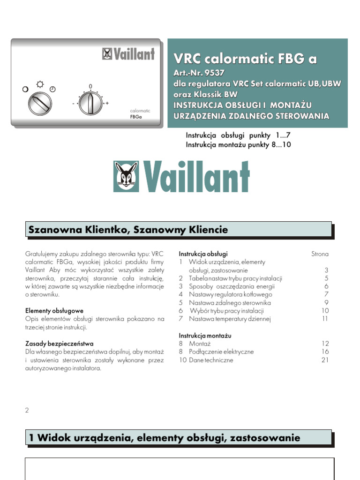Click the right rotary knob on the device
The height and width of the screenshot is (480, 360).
pos(90,103)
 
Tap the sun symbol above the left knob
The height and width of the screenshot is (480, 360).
pos(40,85)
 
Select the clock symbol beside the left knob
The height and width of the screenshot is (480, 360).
pos(52,89)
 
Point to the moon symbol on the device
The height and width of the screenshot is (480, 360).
pos(25,89)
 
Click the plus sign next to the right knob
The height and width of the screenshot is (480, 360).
pos(107,103)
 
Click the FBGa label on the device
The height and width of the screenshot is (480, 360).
pos(136,118)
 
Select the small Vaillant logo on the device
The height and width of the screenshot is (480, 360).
pos(128,54)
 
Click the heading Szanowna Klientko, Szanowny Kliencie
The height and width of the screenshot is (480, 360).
pos(128,230)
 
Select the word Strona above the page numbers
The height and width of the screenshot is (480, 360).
pos(320,254)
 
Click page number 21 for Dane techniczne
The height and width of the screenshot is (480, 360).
pos(325,360)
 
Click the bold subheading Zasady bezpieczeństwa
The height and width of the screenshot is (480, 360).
pos(59,344)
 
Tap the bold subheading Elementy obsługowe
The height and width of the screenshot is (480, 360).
pos(54,311)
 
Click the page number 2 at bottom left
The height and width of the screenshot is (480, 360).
pos(27,410)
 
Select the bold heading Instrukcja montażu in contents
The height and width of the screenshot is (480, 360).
pos(205,336)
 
